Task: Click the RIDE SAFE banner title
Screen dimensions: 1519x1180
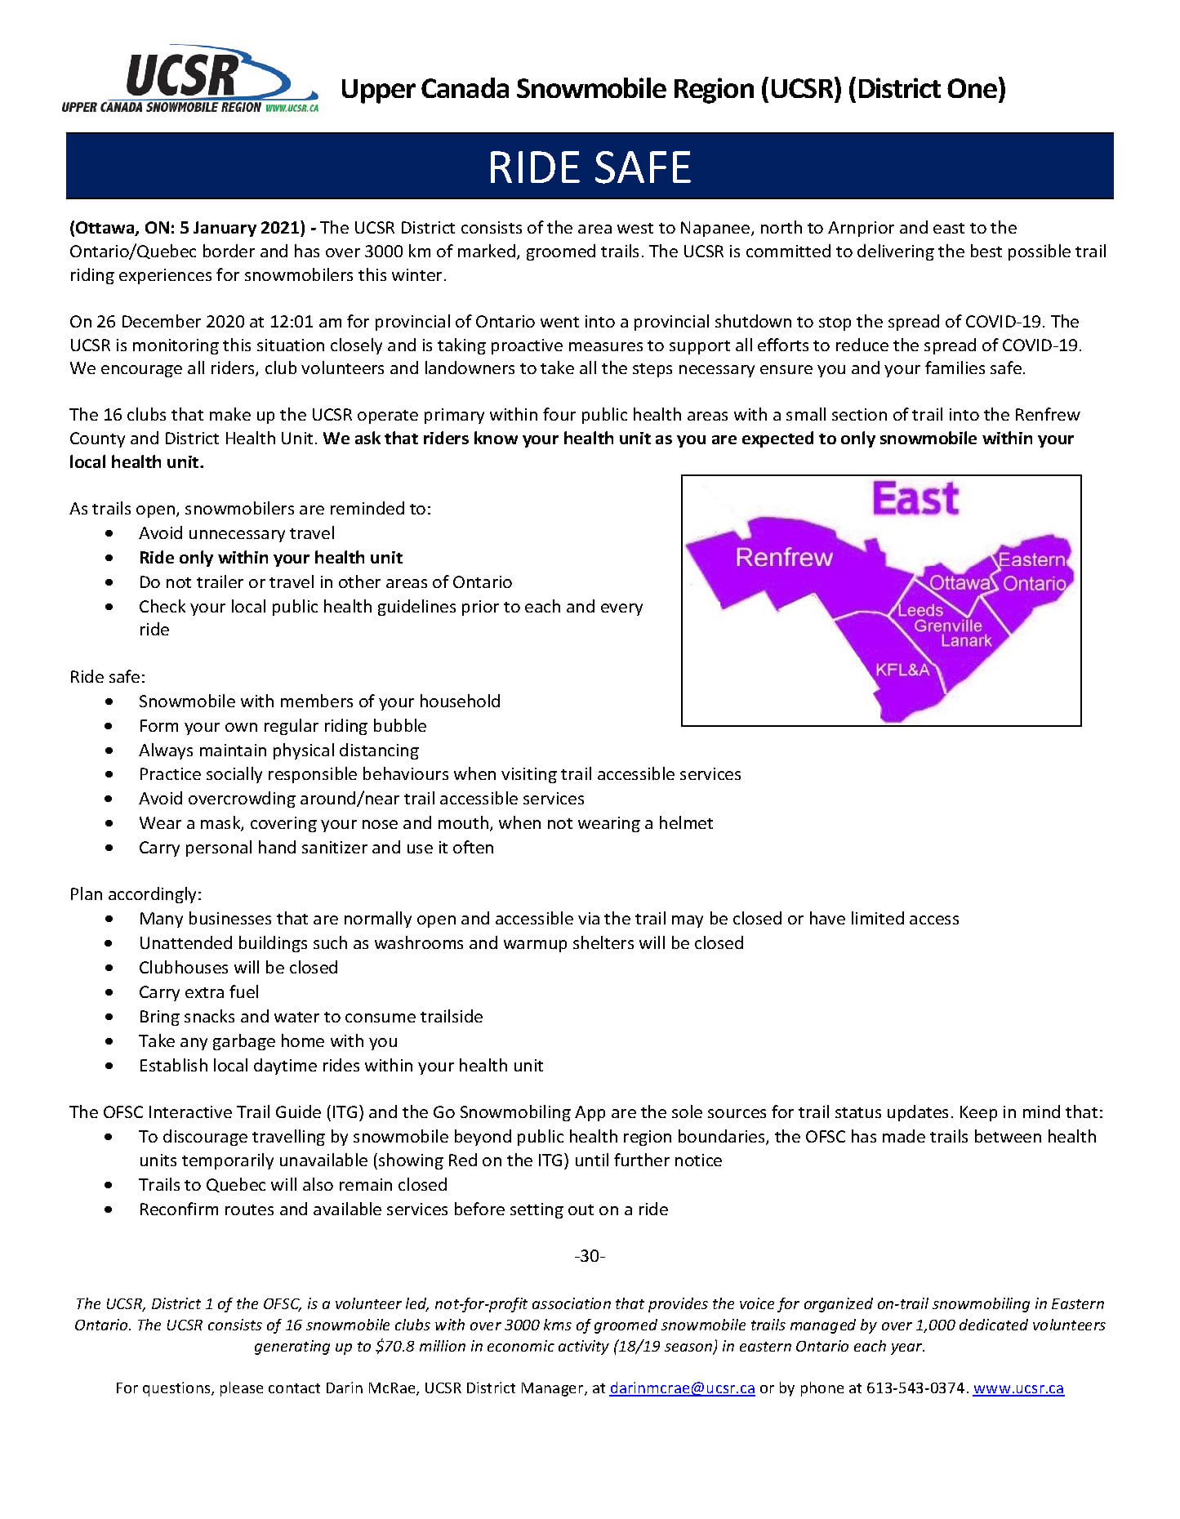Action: coord(589,167)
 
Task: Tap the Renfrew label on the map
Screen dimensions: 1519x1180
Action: coord(784,557)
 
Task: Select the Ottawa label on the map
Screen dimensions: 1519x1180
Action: coord(960,582)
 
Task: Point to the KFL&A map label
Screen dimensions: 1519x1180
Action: coord(902,670)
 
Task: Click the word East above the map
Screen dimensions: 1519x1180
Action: coord(915,498)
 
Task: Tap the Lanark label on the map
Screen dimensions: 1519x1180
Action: coord(966,641)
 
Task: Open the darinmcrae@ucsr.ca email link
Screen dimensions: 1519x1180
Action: coord(682,1388)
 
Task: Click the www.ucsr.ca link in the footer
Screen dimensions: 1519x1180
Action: coord(1018,1388)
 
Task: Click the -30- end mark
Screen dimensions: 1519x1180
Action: coord(590,1255)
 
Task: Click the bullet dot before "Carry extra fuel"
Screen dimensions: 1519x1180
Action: coord(109,992)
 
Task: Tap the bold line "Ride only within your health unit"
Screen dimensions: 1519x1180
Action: coord(270,558)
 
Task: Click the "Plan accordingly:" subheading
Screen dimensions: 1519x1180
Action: coord(136,893)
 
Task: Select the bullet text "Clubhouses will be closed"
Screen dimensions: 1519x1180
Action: coord(238,968)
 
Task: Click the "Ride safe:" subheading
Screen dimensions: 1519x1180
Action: coord(107,676)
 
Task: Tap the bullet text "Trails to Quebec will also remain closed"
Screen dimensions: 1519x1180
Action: coord(292,1185)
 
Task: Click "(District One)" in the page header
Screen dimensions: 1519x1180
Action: coord(927,88)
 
